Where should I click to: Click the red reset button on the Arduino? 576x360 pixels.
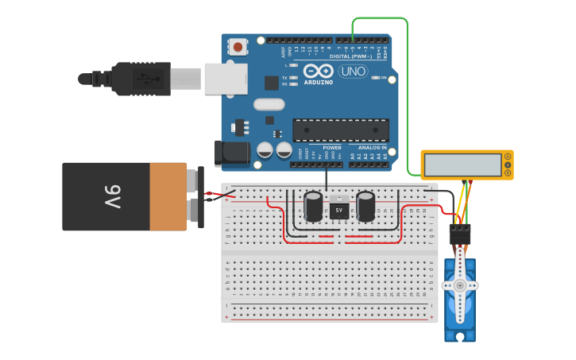point(238,48)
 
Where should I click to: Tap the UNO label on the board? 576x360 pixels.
point(353,71)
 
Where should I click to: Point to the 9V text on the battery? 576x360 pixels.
point(111,195)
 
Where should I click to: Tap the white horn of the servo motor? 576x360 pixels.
point(460,285)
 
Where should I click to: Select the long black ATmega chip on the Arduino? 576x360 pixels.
point(341,130)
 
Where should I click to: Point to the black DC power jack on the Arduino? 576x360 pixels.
point(232,153)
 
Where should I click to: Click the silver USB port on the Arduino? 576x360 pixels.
point(226,79)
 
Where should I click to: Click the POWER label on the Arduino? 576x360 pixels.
point(332,148)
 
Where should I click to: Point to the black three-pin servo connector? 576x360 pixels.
point(460,234)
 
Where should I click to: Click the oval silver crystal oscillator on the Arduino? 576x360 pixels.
point(269,104)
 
